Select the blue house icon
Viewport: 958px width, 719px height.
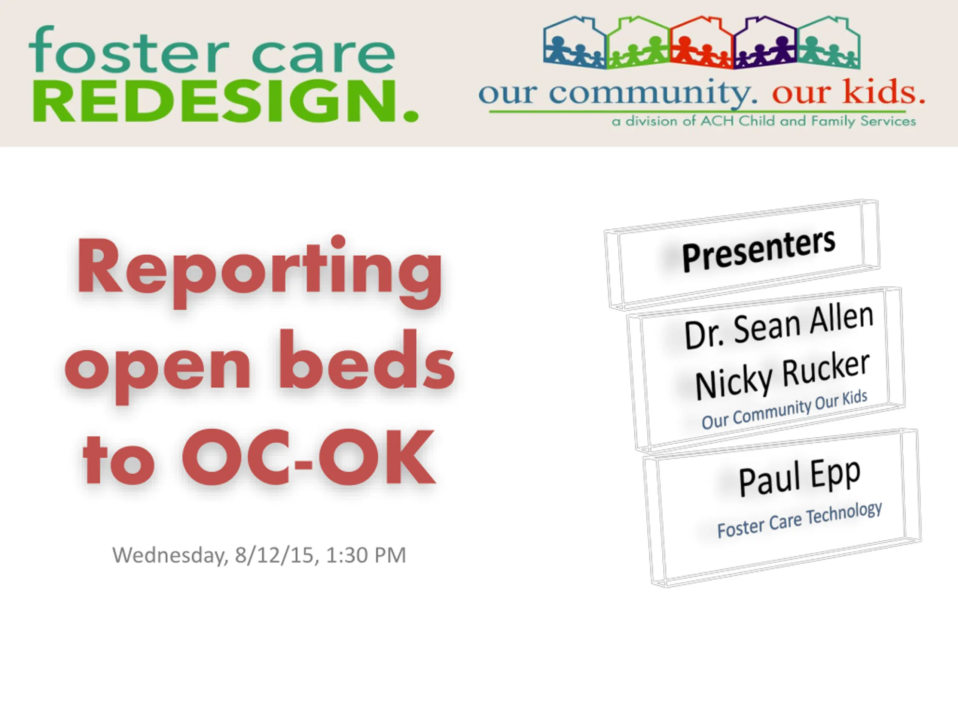(575, 42)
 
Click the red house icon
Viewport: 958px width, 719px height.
(702, 42)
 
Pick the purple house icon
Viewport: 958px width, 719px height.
(766, 42)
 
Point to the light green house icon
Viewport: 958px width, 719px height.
(638, 42)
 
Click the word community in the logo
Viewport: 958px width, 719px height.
(653, 93)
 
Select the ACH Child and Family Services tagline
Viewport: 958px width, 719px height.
(763, 121)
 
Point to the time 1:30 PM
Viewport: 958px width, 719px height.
(366, 555)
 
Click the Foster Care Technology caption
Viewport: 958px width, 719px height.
(799, 520)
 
